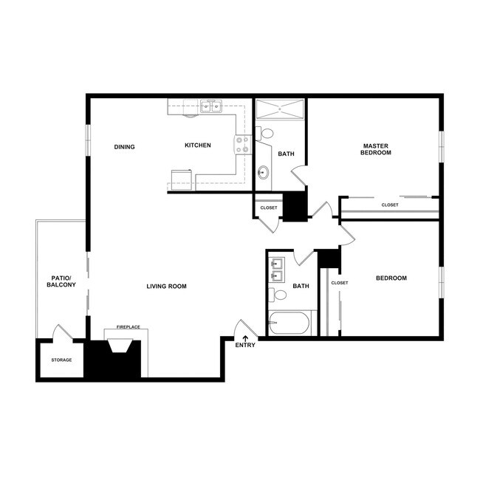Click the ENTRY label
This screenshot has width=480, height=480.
click(x=245, y=346)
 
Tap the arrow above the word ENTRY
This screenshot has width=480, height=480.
click(x=245, y=337)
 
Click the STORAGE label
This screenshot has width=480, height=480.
click(x=61, y=360)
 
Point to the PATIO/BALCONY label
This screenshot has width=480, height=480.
click(x=61, y=281)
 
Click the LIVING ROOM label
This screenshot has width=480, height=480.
click(x=166, y=287)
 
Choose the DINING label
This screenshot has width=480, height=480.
click(x=125, y=146)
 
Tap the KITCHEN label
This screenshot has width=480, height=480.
click(x=198, y=145)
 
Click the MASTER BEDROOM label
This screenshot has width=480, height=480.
click(x=375, y=148)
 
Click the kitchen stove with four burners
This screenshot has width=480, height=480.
click(x=241, y=145)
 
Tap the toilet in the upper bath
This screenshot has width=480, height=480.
click(x=266, y=134)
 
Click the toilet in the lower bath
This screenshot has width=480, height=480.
click(x=279, y=295)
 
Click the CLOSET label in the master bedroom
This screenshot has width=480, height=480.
click(x=389, y=205)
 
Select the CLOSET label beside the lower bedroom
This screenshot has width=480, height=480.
click(x=340, y=283)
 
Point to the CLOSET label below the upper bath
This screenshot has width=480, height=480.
click(x=269, y=208)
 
